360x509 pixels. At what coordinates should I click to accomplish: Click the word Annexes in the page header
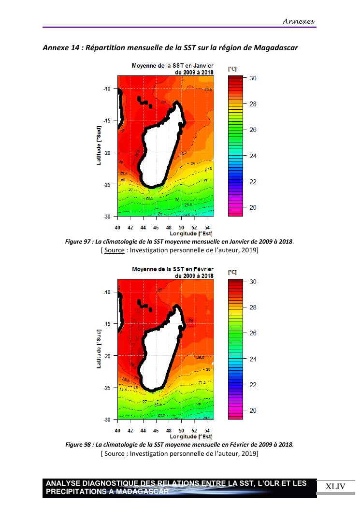299,21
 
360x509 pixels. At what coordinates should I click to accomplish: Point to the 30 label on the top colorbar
252,78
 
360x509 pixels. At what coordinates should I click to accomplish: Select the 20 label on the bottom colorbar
252,411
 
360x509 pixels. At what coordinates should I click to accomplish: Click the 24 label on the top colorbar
252,156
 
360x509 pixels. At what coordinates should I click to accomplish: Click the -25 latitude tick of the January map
108,184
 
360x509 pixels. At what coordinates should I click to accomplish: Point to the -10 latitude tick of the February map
108,292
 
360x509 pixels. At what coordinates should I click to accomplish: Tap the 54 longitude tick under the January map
207,227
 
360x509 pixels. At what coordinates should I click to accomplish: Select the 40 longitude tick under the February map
117,430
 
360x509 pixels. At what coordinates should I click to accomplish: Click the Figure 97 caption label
79,242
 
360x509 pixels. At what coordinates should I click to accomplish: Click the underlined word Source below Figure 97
114,250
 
